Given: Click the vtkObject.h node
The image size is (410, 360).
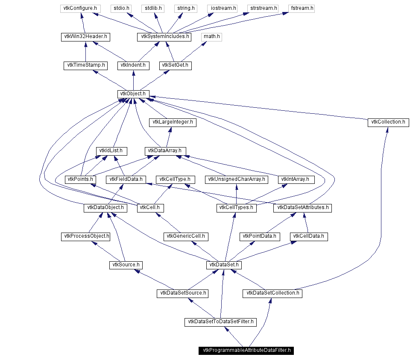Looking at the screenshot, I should point(133,94).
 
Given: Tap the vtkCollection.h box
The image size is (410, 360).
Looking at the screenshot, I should point(388,122).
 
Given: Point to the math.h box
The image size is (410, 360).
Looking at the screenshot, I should point(212,37).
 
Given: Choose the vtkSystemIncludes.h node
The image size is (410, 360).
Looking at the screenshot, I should point(164,37).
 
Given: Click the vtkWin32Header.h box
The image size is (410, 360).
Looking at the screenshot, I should point(85,37).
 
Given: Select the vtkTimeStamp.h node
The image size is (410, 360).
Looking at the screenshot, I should point(85,65).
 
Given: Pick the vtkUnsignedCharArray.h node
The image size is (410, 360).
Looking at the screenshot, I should point(237,180).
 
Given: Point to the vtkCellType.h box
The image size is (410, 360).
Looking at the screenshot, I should point(175,180).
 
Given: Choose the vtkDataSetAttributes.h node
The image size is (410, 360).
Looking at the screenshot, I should point(303,208).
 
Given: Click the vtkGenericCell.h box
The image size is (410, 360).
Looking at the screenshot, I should point(186,236).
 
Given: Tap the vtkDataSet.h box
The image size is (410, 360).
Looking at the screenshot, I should point(224,265).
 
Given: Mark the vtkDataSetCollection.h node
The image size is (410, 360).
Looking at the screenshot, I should point(272,294).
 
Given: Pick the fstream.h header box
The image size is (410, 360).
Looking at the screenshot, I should point(302,8).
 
